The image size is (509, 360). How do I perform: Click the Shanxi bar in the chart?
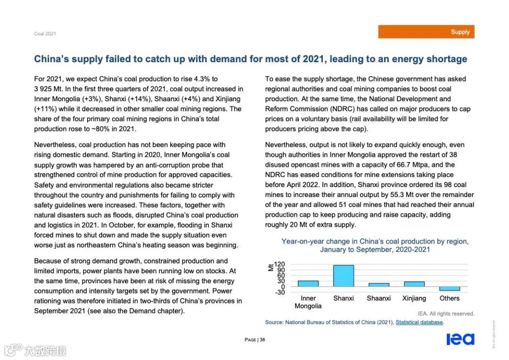(x=343, y=276)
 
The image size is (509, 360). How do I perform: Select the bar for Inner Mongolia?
(x=308, y=284)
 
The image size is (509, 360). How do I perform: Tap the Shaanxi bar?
(x=378, y=285)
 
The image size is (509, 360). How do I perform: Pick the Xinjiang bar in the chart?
(x=414, y=284)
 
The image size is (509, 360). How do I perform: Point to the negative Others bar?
(x=449, y=288)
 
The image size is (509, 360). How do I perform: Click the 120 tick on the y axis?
(x=280, y=264)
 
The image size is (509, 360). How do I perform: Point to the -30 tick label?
(x=280, y=292)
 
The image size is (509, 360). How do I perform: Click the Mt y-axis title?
(x=271, y=267)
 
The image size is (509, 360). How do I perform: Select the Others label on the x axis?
(x=449, y=298)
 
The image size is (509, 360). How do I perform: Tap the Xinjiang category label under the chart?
(x=414, y=298)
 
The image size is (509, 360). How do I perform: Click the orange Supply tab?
(x=426, y=32)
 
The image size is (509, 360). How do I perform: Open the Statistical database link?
(x=419, y=322)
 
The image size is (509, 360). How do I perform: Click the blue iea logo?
(x=460, y=339)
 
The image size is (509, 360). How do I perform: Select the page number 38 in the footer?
(x=263, y=340)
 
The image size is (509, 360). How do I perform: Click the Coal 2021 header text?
(x=45, y=34)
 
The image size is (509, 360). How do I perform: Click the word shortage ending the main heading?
(x=446, y=59)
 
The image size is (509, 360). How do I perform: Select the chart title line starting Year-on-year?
(x=375, y=241)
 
